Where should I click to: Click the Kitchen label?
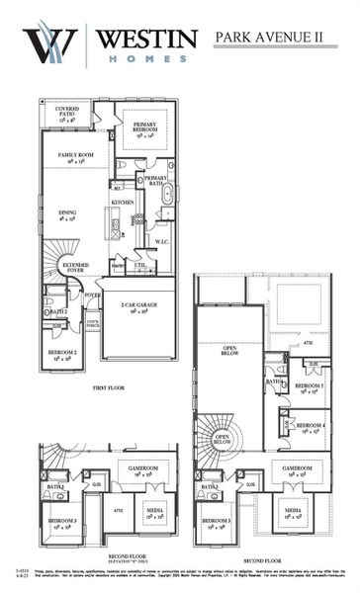[123, 203]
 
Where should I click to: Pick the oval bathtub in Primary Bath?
[167, 194]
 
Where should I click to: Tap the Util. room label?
[141, 265]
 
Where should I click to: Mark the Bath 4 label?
[275, 382]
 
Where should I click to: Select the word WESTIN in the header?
[144, 38]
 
